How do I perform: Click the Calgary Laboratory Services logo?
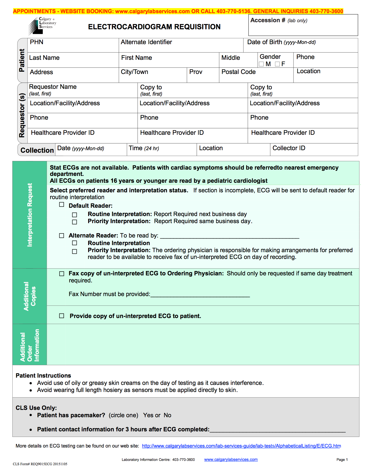point(42,25)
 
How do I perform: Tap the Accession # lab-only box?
point(303,25)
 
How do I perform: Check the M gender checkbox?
point(261,64)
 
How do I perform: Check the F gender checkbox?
point(277,64)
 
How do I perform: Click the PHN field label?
point(37,42)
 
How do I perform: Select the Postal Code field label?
point(238,72)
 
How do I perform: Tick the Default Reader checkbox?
point(62,205)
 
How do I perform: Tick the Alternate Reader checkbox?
point(62,235)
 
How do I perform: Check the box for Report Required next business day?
point(75,215)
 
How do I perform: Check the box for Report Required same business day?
point(75,222)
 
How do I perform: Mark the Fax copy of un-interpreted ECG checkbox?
point(62,274)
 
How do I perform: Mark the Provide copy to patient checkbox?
point(62,316)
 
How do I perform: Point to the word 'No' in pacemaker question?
point(167,415)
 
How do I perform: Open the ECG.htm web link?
point(241,446)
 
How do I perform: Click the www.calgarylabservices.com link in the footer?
point(231,460)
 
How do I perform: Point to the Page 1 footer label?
point(342,460)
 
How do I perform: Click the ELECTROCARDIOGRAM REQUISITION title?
point(154,27)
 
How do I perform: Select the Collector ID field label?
point(289,148)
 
